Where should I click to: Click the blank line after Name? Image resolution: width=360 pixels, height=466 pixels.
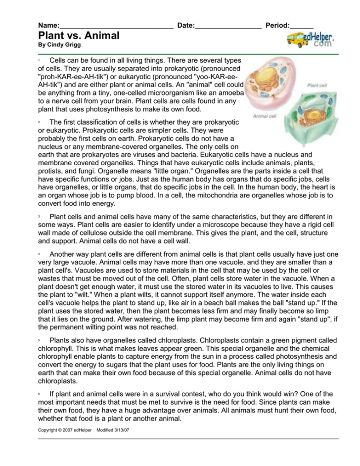click(116, 26)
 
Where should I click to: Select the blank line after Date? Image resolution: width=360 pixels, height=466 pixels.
click(228, 26)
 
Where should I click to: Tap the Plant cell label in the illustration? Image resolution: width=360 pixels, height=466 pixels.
click(316, 85)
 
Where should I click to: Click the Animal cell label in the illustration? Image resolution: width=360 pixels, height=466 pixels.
click(263, 116)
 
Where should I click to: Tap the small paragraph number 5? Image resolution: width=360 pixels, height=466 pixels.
click(40, 341)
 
